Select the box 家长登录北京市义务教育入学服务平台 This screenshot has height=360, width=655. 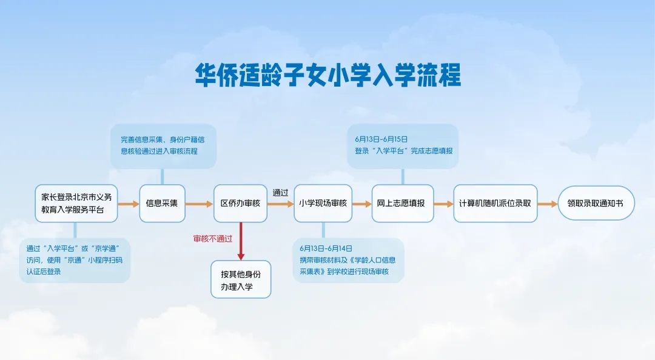coord(76,204)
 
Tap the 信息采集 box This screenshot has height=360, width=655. coord(162,204)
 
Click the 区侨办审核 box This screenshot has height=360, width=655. coord(241,204)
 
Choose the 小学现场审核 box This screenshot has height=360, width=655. coord(323,204)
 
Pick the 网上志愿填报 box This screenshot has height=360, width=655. coord(403,204)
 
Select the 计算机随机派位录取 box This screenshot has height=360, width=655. coord(495,204)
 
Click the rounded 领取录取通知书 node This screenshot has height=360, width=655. coord(596,204)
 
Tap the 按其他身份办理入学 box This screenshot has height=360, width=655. coord(241,279)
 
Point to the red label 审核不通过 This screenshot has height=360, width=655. coord(212,239)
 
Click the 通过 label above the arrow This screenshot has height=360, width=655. coord(280,193)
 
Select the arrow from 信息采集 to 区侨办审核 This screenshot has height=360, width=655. coord(199,204)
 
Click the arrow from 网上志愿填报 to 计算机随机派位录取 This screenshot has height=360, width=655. coord(443,204)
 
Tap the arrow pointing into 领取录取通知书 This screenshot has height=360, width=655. coord(547,204)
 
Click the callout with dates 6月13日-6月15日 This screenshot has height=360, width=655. coord(403,145)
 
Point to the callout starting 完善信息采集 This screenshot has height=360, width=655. coord(163,145)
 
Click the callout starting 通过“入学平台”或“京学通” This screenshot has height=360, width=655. coord(75,260)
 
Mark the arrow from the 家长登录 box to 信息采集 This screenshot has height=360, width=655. coord(128,204)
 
